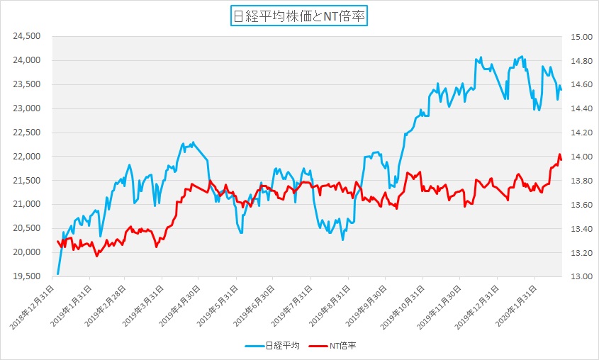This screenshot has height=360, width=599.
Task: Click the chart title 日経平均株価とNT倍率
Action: point(298,16)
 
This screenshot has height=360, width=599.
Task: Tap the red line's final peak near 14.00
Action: point(559,154)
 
